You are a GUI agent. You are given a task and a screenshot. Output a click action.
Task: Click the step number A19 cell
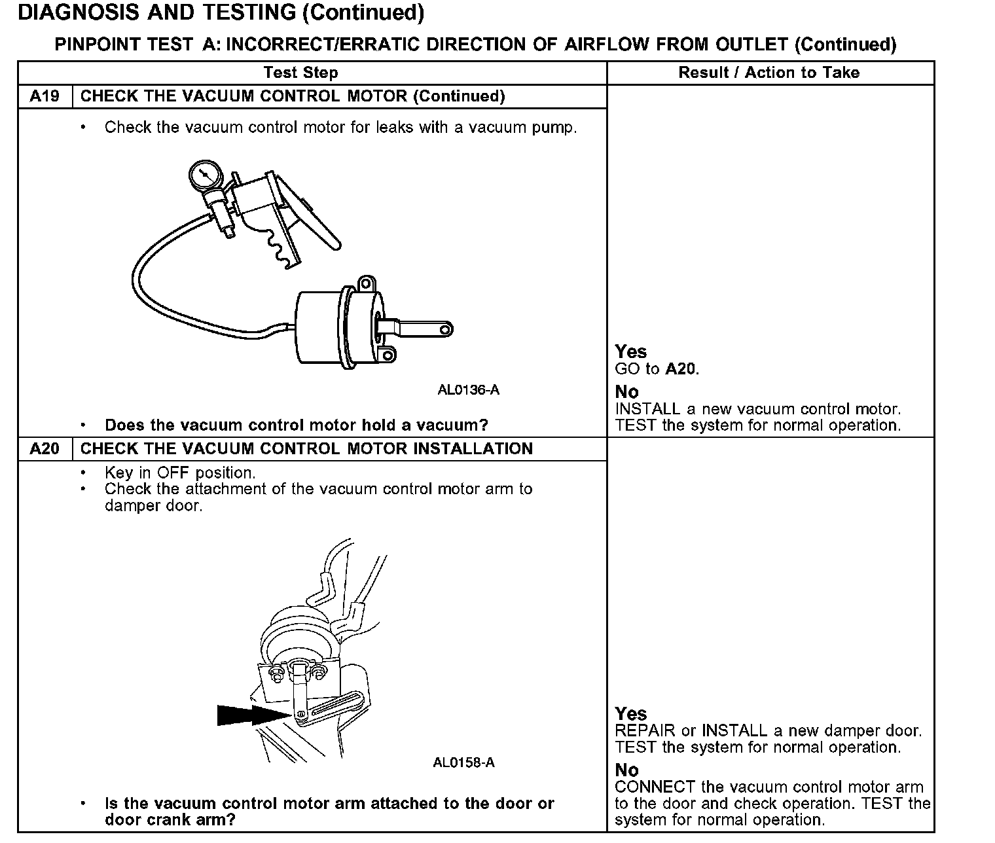tap(45, 97)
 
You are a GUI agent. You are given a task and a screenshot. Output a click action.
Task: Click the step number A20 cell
tap(45, 449)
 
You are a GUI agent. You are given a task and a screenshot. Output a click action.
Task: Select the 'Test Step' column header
tap(301, 73)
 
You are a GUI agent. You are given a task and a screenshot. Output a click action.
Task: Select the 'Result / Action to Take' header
tap(769, 73)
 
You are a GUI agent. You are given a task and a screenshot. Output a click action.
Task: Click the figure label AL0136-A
tap(468, 390)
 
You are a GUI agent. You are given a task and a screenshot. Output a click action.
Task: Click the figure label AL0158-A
tap(463, 762)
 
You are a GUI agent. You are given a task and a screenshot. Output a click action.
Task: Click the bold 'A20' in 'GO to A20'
tap(681, 369)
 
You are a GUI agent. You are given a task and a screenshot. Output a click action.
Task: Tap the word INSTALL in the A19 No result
tap(648, 409)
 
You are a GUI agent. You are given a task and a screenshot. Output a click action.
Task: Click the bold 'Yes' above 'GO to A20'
tap(631, 352)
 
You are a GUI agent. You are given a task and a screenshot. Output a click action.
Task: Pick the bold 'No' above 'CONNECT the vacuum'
tap(626, 770)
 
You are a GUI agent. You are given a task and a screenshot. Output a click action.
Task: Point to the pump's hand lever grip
tap(317, 219)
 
